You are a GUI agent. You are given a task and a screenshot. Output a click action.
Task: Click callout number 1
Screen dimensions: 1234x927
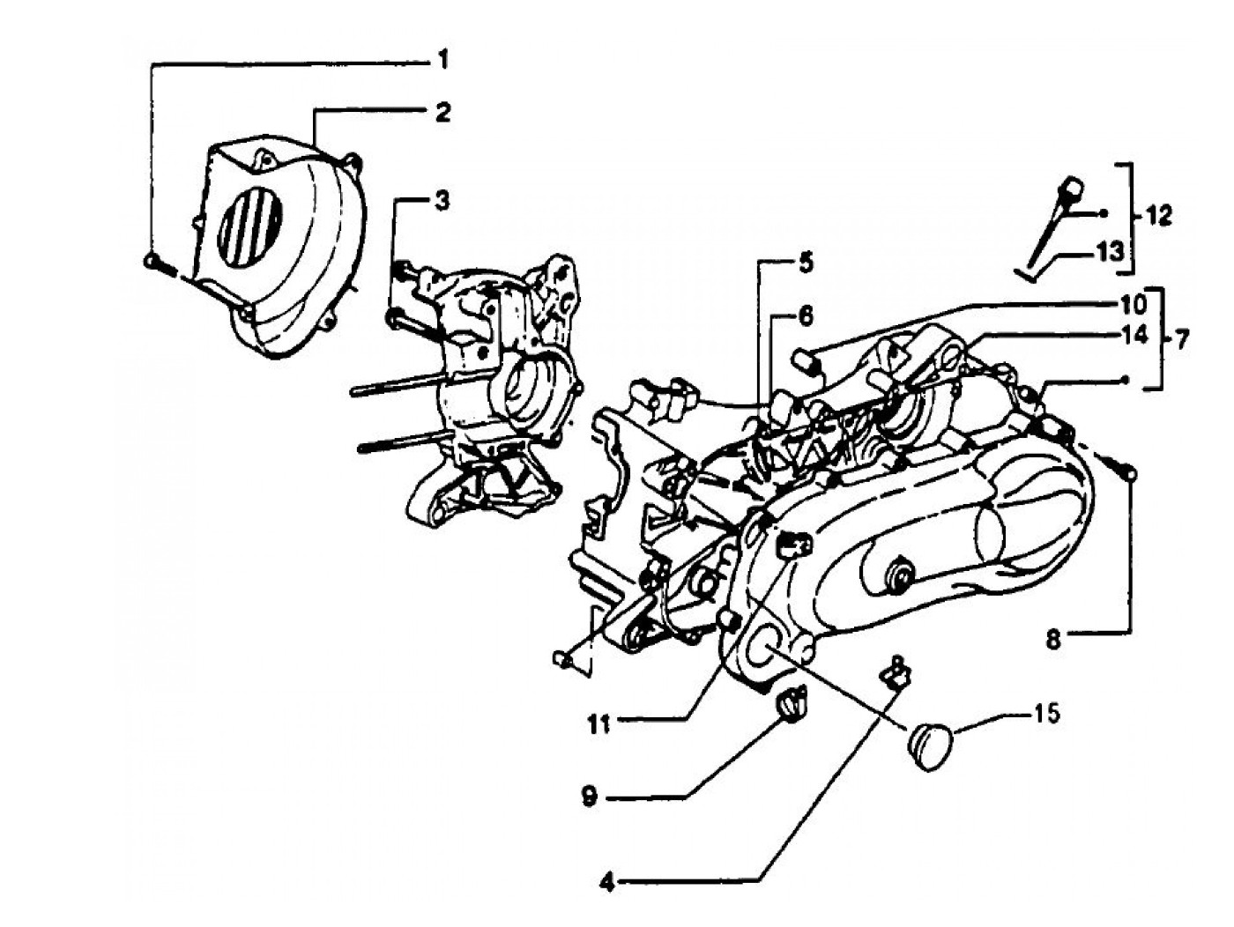[x=442, y=61]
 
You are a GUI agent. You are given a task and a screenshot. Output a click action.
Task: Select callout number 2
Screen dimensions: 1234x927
[x=442, y=114]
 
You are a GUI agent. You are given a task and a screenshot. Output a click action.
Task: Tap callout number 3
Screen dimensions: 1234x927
[x=442, y=202]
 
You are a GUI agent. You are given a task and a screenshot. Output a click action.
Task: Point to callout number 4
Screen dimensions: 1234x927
[x=606, y=879]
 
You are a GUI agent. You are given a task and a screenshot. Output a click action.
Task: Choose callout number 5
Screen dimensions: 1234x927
[x=807, y=262]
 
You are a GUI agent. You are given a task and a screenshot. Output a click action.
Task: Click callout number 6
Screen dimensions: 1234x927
[x=807, y=315]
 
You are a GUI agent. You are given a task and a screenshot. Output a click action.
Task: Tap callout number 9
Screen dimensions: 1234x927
[x=588, y=797]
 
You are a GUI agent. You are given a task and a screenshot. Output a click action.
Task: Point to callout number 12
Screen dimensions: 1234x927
[x=1160, y=214]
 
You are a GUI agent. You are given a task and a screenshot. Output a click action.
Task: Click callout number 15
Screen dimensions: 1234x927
[x=1047, y=712]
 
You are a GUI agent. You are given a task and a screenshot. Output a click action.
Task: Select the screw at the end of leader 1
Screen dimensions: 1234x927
[x=151, y=260]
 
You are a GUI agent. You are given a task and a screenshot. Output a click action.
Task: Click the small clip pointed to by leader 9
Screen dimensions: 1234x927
[x=789, y=700]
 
